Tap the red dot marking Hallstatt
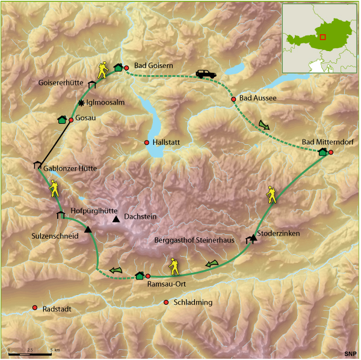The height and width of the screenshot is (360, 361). tap(147, 142)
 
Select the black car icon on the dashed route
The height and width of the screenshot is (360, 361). tap(205, 74)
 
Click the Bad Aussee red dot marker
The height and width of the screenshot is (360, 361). tap(233, 99)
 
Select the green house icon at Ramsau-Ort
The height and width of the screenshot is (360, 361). tap(140, 276)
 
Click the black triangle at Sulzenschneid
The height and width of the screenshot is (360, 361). tap(88, 230)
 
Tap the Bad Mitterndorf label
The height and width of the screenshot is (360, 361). tap(327, 142)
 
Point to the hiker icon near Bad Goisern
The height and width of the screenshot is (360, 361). tap(103, 70)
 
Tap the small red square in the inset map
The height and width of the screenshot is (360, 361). tap(323, 37)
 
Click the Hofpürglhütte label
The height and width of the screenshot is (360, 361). tap(94, 212)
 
